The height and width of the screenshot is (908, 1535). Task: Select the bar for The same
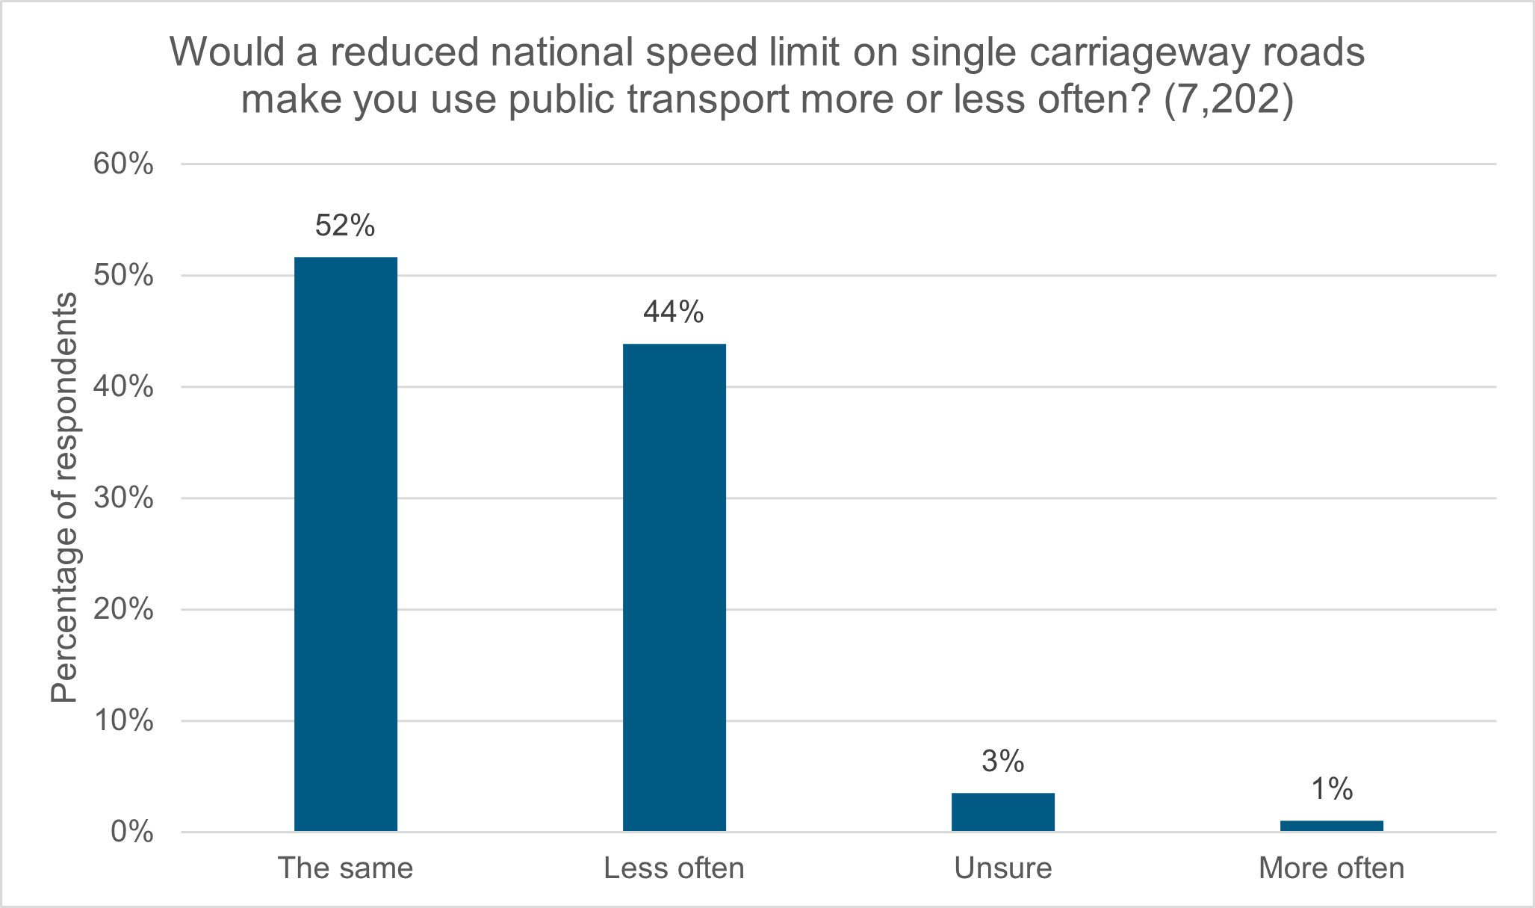click(345, 544)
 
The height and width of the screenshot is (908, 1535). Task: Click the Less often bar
click(674, 587)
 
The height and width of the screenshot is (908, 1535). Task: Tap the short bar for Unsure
click(1002, 812)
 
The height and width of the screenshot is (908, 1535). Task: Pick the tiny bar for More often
click(1331, 825)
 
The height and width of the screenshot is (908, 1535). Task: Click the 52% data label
click(345, 226)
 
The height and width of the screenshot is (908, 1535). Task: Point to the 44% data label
click(674, 312)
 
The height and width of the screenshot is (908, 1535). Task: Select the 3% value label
click(1002, 762)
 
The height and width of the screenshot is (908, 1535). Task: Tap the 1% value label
click(1331, 789)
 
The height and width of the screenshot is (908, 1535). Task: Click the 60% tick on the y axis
click(123, 164)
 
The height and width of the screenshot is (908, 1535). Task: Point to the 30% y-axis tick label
click(123, 498)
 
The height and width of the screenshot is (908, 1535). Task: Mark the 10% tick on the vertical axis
click(123, 721)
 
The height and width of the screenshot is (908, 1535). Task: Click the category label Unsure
click(1002, 868)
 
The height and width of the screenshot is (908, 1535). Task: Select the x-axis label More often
click(1331, 868)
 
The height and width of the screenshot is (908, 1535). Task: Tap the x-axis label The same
click(345, 868)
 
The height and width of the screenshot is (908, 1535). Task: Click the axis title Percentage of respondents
click(64, 498)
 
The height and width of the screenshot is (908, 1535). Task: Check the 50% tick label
click(123, 276)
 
